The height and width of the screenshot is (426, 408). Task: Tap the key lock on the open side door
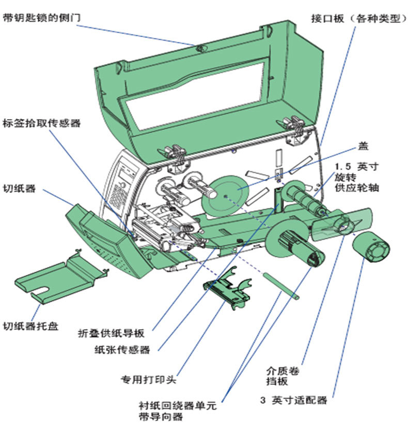coord(200,48)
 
